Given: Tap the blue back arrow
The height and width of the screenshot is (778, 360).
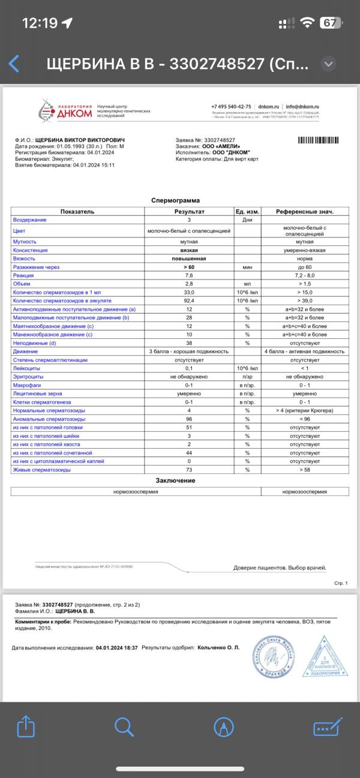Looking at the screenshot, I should (x=14, y=64).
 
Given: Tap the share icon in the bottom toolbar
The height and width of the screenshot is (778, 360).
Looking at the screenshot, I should (x=26, y=727).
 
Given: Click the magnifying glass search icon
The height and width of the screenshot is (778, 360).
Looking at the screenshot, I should (x=124, y=727).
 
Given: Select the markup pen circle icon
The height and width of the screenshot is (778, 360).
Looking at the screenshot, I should (x=224, y=727).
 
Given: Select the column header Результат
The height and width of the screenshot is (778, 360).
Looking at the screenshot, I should (x=189, y=212).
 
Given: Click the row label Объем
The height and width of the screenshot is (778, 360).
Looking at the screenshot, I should (x=23, y=283).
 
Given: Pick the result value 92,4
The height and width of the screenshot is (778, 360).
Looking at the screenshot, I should (x=189, y=300).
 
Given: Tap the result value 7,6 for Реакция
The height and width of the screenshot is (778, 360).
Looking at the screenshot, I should (x=189, y=274).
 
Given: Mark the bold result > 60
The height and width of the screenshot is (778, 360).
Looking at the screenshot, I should (x=189, y=266).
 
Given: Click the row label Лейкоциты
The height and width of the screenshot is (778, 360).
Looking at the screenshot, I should (x=27, y=368).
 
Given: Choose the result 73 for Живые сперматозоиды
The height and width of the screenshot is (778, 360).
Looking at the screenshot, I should (x=189, y=470).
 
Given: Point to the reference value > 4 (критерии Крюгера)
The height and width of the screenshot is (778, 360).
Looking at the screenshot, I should (x=305, y=410).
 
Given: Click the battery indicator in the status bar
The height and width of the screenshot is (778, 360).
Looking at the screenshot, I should (x=329, y=23).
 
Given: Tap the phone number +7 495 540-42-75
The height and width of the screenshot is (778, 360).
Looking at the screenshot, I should (x=231, y=106).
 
